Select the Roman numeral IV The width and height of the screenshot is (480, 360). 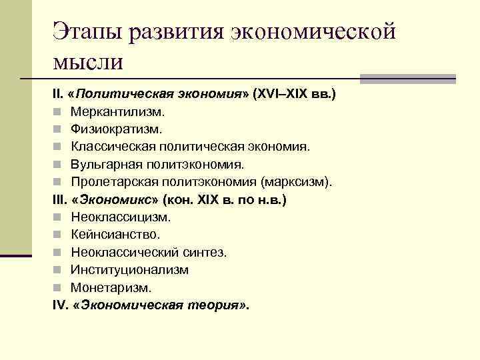point(59,305)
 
